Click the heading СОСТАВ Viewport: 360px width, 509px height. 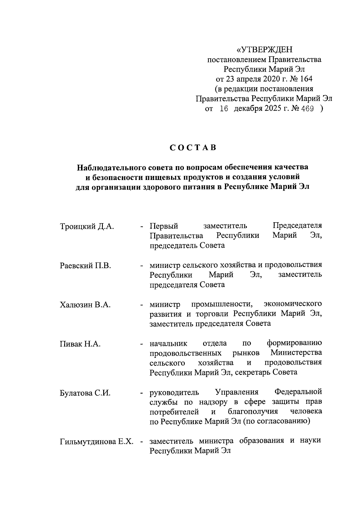[193, 148]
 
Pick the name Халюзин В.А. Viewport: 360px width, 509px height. [85, 305]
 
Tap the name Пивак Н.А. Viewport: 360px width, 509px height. [80, 344]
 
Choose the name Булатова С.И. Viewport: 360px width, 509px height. [85, 393]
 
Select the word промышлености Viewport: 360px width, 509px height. [222, 304]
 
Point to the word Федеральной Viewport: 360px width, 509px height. [298, 392]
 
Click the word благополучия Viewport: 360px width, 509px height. [253, 412]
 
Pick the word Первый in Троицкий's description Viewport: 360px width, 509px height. [164, 226]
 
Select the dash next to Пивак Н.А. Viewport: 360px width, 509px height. [141, 344]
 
